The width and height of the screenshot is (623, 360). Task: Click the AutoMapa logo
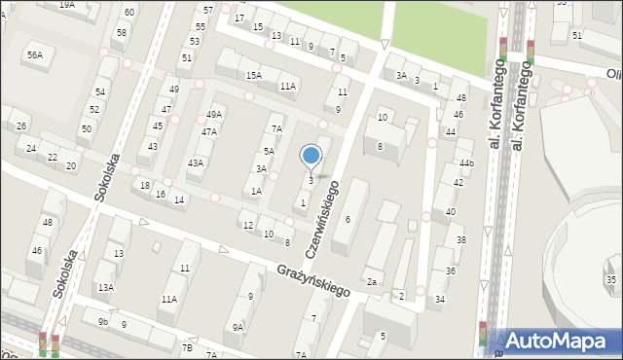[560, 340]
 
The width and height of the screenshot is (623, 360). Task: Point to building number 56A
[35, 55]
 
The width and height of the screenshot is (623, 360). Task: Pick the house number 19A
[66, 5]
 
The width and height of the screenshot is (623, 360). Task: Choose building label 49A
[214, 115]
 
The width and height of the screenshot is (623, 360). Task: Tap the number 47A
[209, 131]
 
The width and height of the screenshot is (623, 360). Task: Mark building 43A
[196, 162]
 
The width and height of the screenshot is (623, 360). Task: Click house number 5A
[270, 152]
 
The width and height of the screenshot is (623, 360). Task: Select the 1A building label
[256, 192]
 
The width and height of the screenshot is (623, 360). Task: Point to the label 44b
[466, 162]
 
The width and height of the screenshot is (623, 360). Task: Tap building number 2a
[372, 282]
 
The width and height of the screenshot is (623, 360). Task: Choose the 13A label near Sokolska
[105, 287]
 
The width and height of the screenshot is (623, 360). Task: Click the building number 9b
[102, 320]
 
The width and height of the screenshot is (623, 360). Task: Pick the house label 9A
[238, 328]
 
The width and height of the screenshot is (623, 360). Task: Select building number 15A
[253, 75]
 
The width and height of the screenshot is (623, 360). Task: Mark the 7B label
[187, 347]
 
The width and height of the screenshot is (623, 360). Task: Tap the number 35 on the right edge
[610, 280]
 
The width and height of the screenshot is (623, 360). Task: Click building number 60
[128, 12]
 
